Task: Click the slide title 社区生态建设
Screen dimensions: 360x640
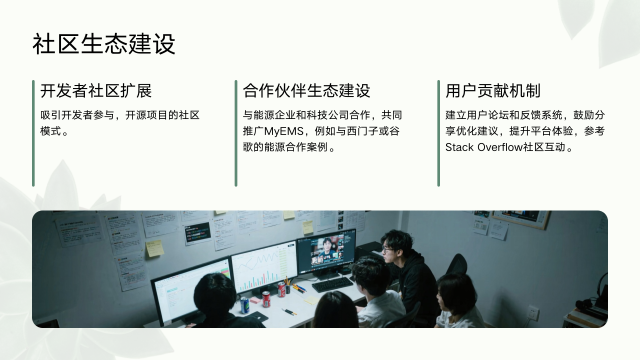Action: (x=104, y=45)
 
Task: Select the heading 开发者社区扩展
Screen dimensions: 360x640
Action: (x=96, y=91)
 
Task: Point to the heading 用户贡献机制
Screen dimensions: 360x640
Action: (x=493, y=91)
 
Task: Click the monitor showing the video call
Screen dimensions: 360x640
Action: (x=326, y=250)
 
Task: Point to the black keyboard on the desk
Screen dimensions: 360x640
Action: (x=331, y=284)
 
